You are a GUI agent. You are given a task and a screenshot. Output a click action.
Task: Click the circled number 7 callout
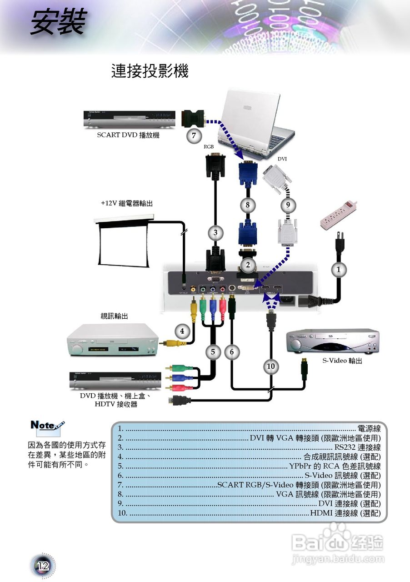[194, 135]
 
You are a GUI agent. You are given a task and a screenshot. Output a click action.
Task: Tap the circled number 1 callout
[338, 270]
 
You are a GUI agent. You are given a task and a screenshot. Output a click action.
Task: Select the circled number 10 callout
[271, 366]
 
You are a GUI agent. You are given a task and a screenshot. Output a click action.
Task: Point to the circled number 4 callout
[182, 331]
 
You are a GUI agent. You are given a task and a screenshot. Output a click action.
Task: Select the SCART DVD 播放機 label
[128, 135]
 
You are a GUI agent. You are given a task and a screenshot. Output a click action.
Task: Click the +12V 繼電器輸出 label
[127, 203]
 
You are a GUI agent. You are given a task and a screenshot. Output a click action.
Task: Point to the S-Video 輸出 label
[342, 361]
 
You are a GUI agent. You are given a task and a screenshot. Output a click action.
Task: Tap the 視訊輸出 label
[114, 316]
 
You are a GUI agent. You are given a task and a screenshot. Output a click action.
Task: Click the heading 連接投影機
[150, 71]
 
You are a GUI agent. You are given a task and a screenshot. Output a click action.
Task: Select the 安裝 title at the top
[58, 23]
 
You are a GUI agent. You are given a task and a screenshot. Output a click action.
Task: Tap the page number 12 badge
[43, 566]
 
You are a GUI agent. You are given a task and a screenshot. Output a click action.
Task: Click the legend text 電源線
[369, 428]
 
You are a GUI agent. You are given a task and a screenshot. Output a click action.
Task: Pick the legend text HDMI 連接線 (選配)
[345, 513]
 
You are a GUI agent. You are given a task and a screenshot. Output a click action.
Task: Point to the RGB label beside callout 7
[209, 147]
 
